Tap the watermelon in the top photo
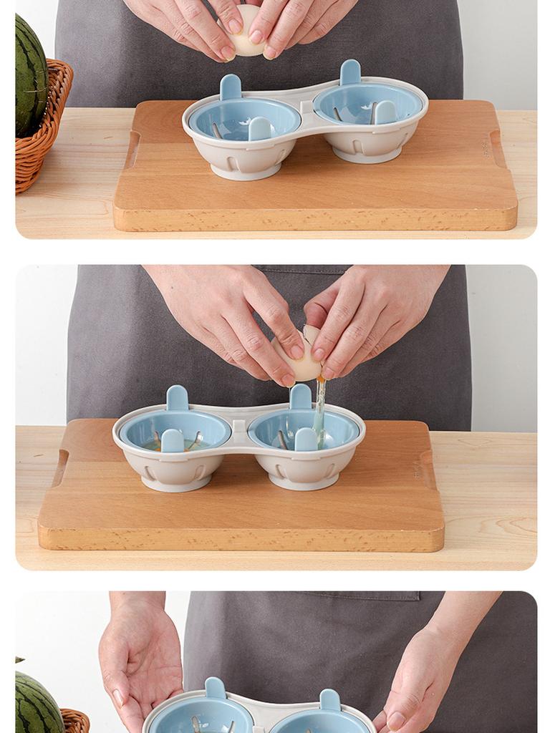click(30, 75)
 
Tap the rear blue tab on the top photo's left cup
click(231, 88)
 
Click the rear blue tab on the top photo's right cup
click(350, 72)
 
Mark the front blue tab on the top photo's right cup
click(385, 112)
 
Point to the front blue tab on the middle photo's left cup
click(172, 441)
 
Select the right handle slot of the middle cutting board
click(427, 469)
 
